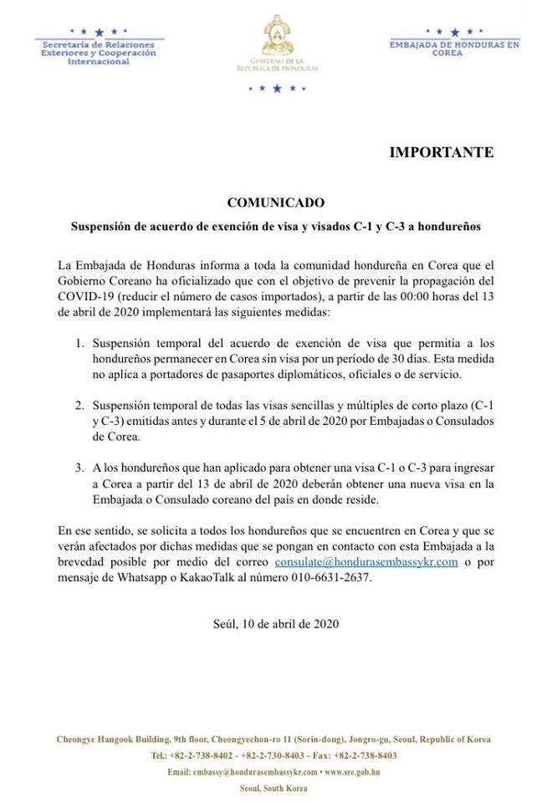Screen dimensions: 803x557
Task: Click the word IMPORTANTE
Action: tap(441, 152)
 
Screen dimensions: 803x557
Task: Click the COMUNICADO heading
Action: tap(275, 203)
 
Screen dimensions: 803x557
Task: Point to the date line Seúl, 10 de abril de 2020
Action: tap(276, 624)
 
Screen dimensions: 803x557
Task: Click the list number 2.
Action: tap(79, 406)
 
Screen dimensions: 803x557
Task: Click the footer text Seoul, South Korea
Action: tap(273, 788)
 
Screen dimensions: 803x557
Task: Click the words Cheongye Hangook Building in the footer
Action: tap(111, 739)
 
